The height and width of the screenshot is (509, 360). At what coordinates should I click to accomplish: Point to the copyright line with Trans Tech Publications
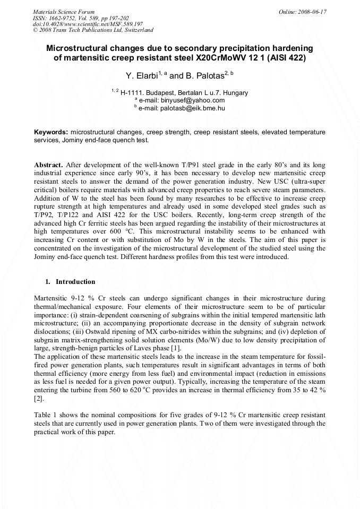pos(93,30)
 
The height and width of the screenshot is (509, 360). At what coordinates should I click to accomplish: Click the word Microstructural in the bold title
pos(80,48)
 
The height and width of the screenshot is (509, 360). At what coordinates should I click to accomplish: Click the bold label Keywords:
pos(50,131)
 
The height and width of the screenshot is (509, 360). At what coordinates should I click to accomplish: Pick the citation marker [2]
pos(38,398)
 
